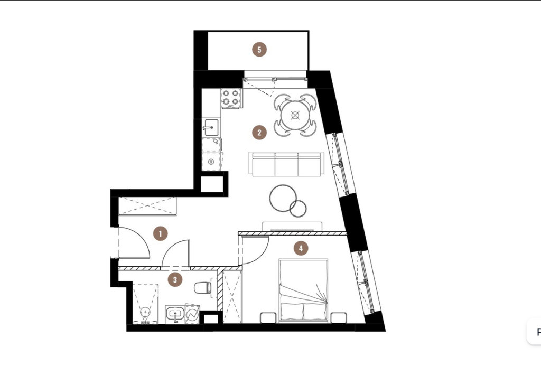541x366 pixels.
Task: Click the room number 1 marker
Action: pos(160,234)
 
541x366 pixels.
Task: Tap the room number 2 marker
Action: pos(259,133)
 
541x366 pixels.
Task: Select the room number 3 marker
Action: pos(175,279)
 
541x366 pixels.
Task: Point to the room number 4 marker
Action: pos(301,248)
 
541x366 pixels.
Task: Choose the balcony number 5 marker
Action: pos(259,50)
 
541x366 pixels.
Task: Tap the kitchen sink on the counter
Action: pos(210,128)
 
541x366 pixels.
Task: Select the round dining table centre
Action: pos(295,115)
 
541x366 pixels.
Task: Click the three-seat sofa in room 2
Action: pos(287,164)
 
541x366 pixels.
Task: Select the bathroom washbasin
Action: pos(175,314)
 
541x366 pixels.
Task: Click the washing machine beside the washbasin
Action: pos(192,314)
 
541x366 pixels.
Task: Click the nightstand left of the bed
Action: pos(268,317)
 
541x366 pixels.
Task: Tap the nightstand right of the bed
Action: pos(339,317)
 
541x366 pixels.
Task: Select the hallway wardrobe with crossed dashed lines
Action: pos(148,207)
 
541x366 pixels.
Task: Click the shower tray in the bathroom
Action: pos(146,304)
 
